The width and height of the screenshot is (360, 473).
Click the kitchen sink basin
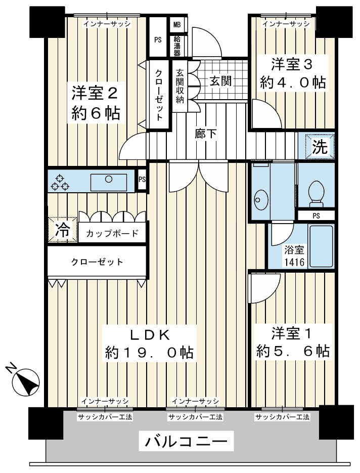pos(109,182)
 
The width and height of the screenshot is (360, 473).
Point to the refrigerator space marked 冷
pos(62,230)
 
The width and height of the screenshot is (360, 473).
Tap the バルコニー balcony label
pos(186,443)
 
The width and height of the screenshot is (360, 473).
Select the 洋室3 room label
pos(292,64)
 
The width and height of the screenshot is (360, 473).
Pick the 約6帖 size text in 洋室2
pos(96,113)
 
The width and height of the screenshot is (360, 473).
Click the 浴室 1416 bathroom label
pos(294,256)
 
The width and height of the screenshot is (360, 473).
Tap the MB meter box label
pos(176,24)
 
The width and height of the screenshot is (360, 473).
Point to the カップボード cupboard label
pos(112,233)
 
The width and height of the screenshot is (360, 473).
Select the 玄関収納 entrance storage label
pos(180,86)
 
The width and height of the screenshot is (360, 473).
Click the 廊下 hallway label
pos(205,134)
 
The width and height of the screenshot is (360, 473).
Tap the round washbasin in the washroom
pos(261,200)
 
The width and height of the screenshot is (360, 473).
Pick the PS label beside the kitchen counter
pos(142,179)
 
